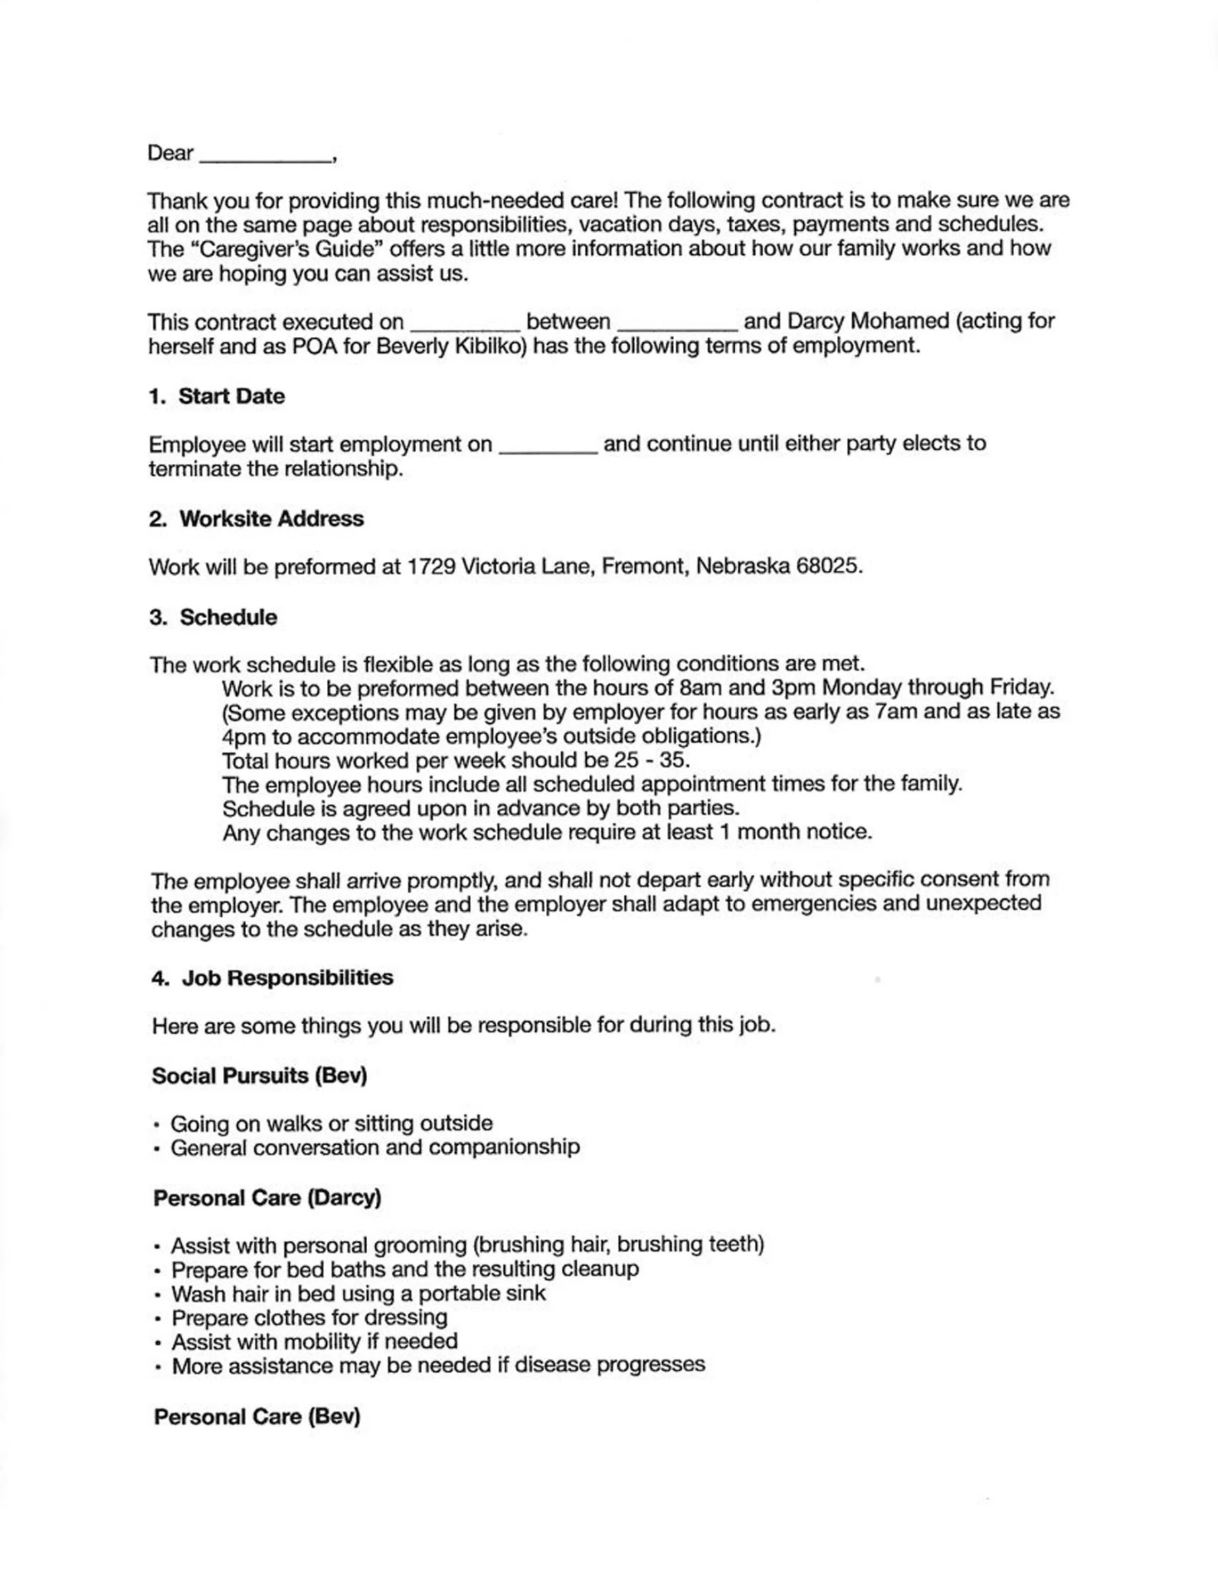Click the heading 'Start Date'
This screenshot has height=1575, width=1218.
pyautogui.click(x=231, y=396)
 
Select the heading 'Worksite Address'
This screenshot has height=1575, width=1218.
pyautogui.click(x=271, y=519)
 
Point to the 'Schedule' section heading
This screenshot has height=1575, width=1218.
pyautogui.click(x=228, y=617)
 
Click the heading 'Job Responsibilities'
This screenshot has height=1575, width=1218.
pyautogui.click(x=287, y=978)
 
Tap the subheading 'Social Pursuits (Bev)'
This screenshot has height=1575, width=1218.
pyautogui.click(x=259, y=1076)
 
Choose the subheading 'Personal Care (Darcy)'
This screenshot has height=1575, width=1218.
pyautogui.click(x=267, y=1198)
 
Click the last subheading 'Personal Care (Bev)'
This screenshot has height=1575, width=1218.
pyautogui.click(x=257, y=1417)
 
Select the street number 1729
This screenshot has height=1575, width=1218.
pyautogui.click(x=431, y=567)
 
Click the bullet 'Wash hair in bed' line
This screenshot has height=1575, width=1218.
pyautogui.click(x=359, y=1293)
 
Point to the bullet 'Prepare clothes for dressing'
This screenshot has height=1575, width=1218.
pyautogui.click(x=310, y=1318)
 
